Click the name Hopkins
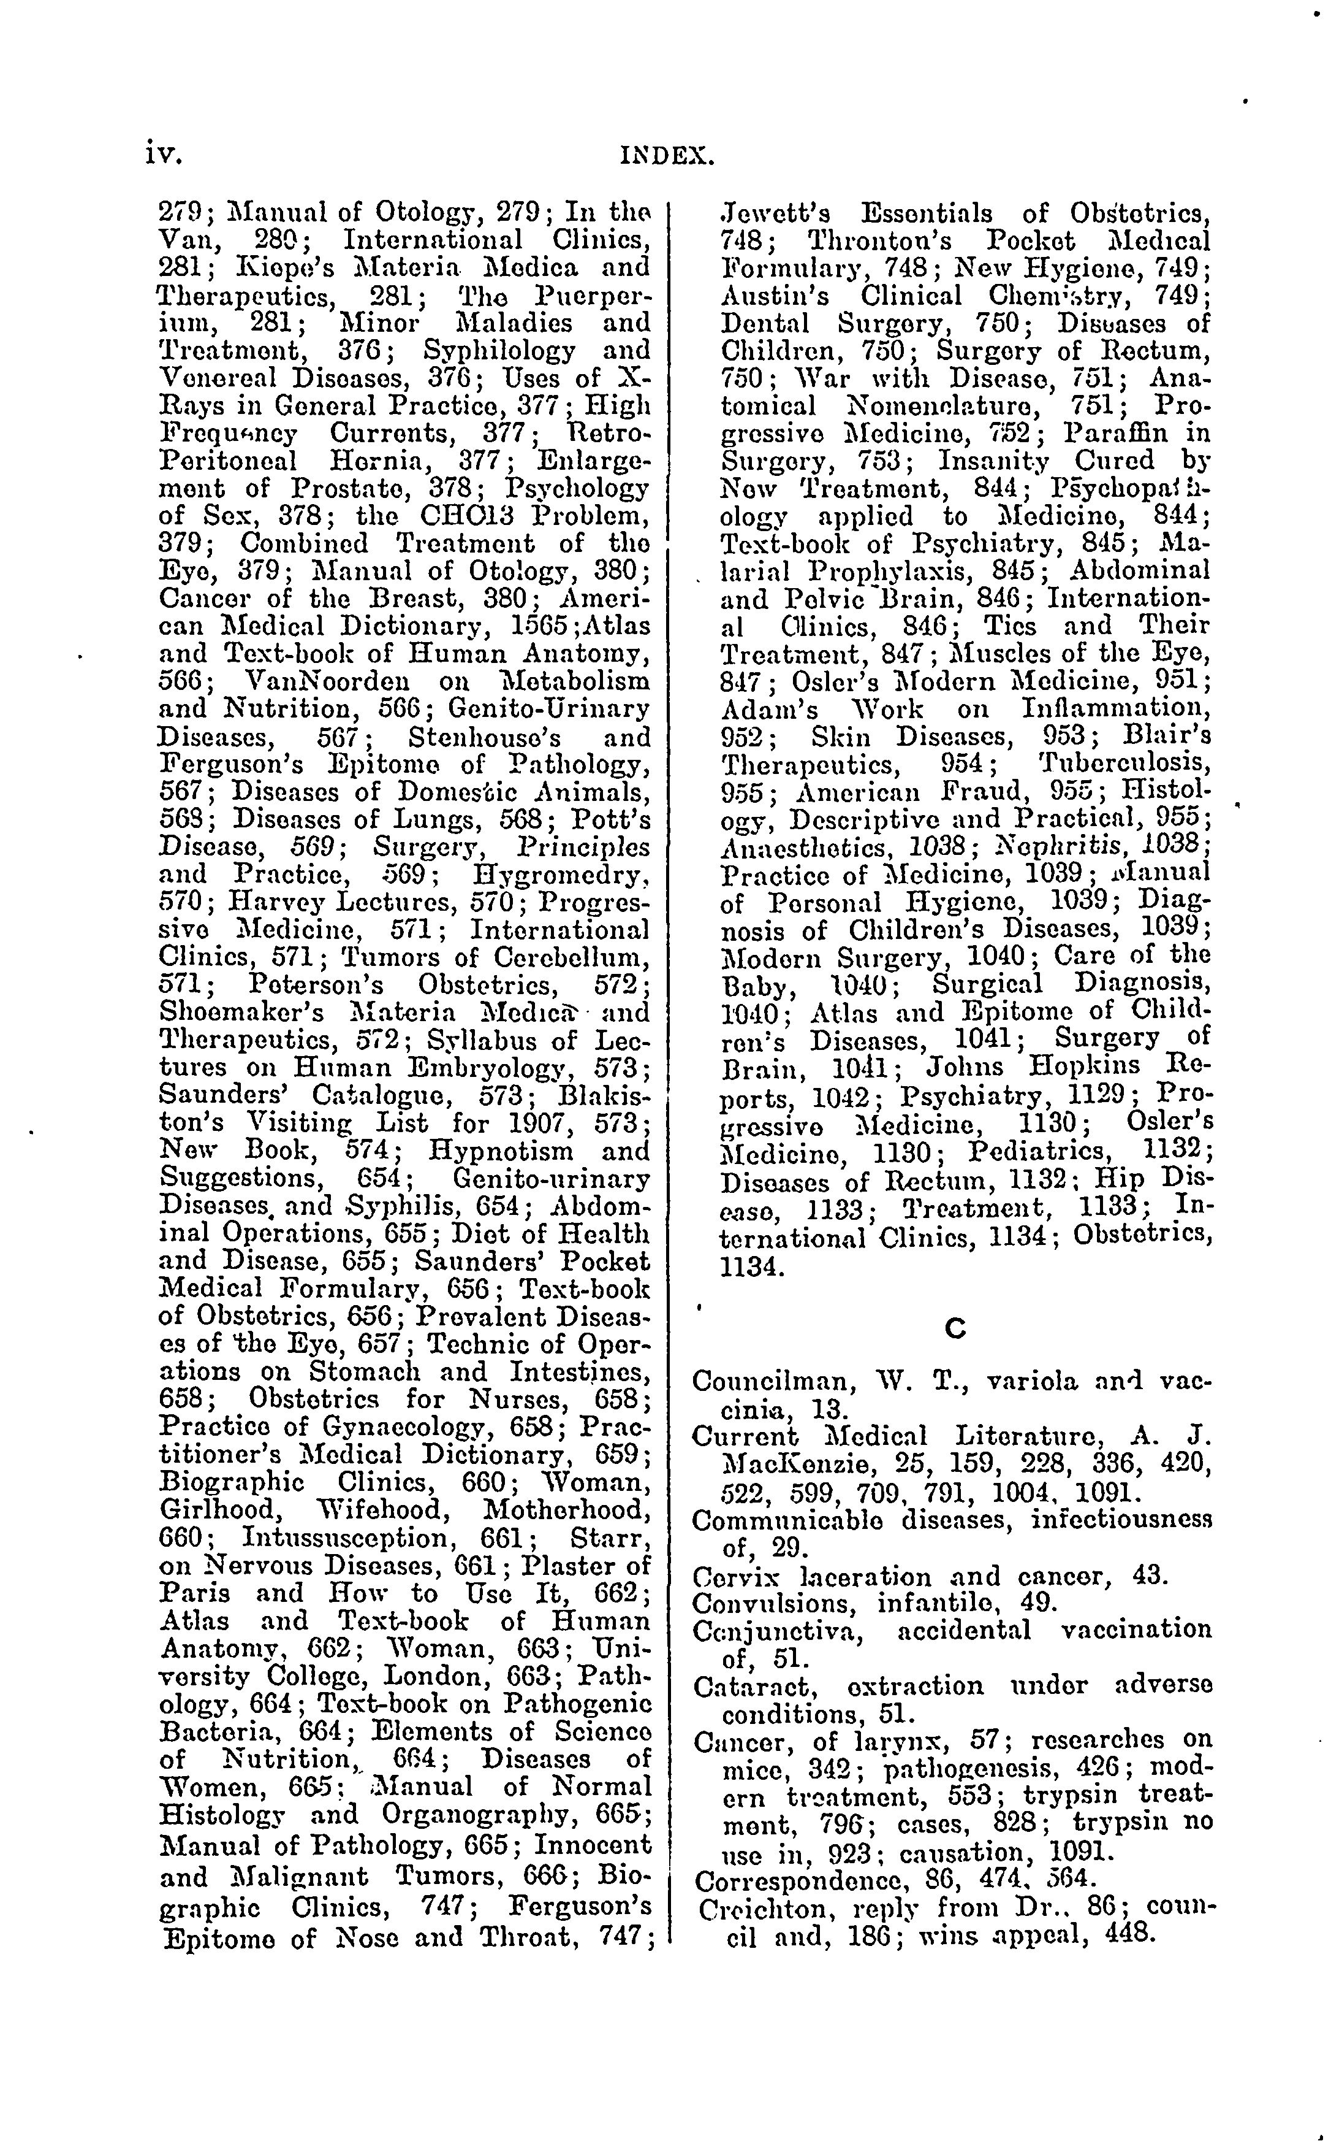[x=1086, y=1067]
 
